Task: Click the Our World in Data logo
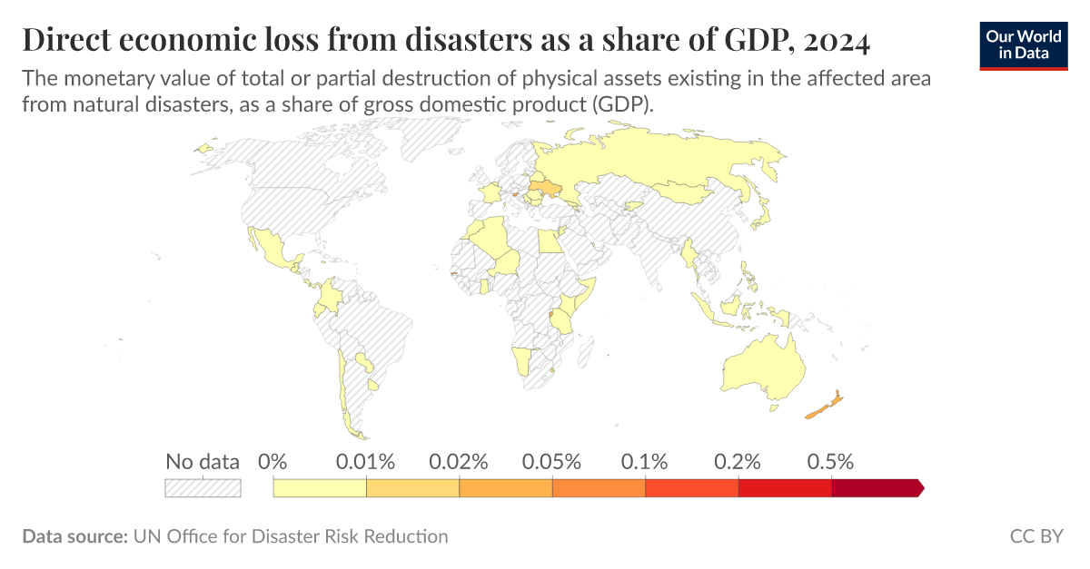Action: click(x=1024, y=44)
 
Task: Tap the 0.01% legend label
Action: click(x=365, y=461)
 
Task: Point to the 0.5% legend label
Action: click(x=830, y=461)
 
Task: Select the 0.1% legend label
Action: click(x=645, y=461)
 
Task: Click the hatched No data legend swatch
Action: click(x=203, y=488)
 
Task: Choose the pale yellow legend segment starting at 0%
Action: click(x=320, y=488)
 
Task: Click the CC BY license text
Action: click(x=1035, y=536)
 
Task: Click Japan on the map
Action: click(x=766, y=216)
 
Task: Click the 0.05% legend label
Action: click(x=551, y=461)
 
